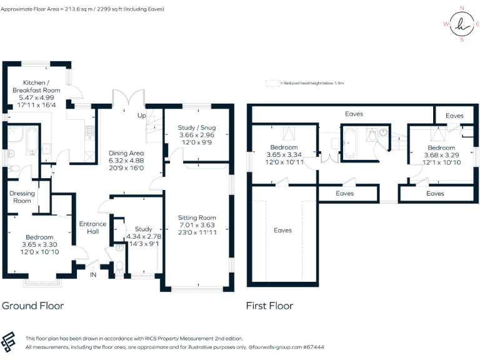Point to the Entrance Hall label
92,228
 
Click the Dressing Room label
22,197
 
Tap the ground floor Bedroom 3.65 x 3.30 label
38,237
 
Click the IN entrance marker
94,275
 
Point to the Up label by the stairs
142,116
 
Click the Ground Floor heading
32,306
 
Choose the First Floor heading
270,306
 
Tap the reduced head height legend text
312,82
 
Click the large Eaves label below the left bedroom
282,230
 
